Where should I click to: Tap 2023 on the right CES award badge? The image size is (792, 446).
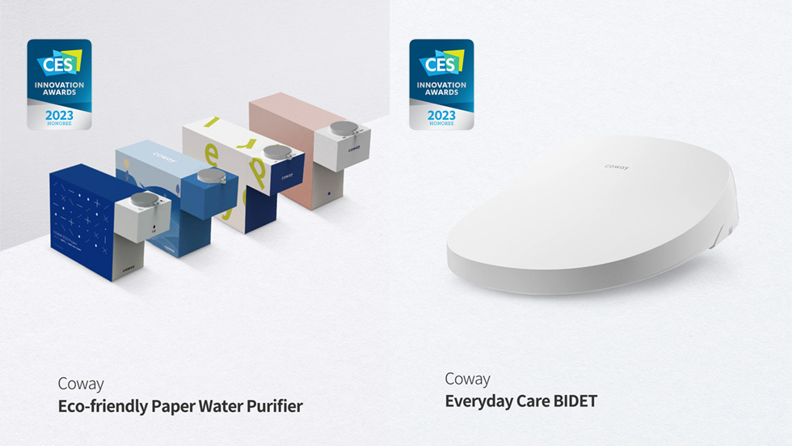point(440,115)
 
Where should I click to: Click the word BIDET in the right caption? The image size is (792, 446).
point(572,401)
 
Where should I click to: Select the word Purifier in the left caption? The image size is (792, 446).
point(275,406)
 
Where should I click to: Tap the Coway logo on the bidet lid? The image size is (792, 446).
point(617,167)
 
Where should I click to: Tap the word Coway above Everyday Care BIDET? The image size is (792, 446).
point(467,379)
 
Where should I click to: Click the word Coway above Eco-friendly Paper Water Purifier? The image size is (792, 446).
point(81,384)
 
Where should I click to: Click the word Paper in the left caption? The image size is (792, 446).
point(172,406)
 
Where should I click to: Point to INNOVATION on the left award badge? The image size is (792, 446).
point(60,84)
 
